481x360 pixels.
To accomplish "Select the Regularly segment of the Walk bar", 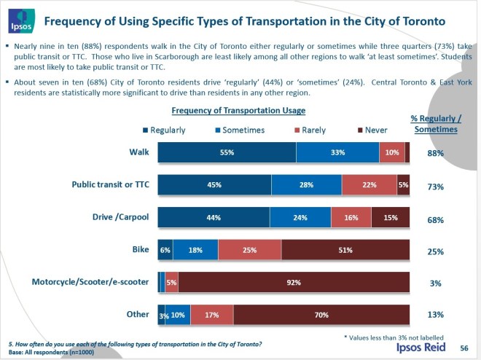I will point(227,152).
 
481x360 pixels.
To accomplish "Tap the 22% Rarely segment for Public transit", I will point(369,185).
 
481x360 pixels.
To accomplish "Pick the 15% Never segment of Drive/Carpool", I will point(390,217).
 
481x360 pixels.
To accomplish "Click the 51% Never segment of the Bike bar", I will point(345,249).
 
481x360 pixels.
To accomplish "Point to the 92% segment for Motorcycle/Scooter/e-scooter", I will point(294,282).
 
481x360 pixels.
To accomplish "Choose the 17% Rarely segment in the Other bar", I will point(212,315).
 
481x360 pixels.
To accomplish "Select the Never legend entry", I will point(372,130).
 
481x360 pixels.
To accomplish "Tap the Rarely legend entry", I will point(310,130).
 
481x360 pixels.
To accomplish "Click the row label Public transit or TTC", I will point(110,185).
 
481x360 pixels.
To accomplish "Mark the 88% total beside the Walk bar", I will point(436,153).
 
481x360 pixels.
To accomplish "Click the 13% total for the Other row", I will point(436,316).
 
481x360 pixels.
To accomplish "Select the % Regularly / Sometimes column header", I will point(436,124).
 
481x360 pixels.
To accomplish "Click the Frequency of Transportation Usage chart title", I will point(238,111).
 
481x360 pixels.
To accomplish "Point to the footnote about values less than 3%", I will point(394,337).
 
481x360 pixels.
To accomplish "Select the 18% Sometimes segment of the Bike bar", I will point(195,249).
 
